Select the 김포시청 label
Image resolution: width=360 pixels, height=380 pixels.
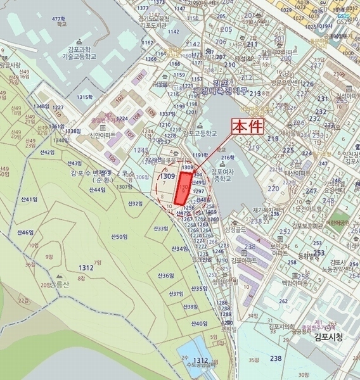(327, 337)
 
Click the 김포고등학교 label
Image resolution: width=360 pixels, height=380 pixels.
(200, 134)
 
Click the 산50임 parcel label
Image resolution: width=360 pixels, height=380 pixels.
(119, 237)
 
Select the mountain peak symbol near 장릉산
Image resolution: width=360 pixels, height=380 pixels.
(60, 277)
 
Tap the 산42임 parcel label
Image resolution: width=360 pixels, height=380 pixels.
(48, 153)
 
